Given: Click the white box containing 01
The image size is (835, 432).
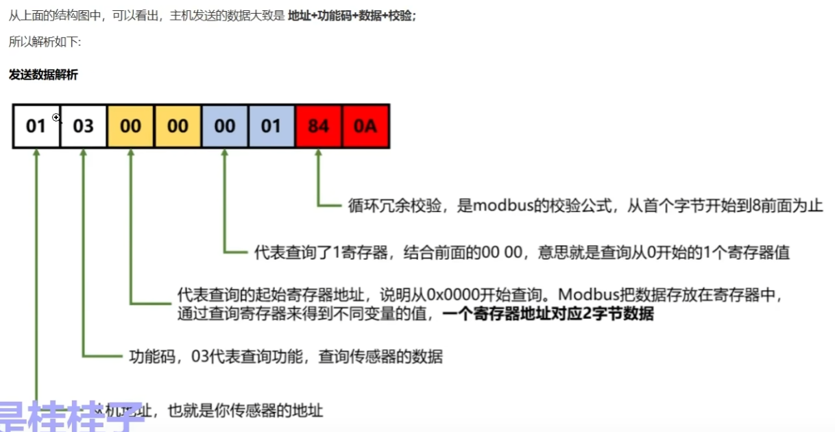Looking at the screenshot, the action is (36, 126).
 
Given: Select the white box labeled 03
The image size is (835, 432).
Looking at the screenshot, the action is (83, 126).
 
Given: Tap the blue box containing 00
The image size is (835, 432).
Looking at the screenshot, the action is (224, 126).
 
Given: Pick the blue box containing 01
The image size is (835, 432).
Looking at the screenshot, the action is (271, 126).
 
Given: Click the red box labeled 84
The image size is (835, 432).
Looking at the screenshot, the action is (318, 126).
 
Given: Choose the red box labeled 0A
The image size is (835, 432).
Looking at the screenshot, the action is (365, 126).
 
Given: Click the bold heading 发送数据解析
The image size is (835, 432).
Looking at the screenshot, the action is (43, 75).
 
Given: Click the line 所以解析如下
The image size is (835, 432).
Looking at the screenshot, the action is (45, 42).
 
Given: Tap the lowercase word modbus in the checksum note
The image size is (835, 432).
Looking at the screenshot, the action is (504, 205).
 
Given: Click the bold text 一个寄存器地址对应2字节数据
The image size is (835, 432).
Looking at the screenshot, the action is (548, 315).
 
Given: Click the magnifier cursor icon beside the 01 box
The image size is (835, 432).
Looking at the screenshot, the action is (57, 118).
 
